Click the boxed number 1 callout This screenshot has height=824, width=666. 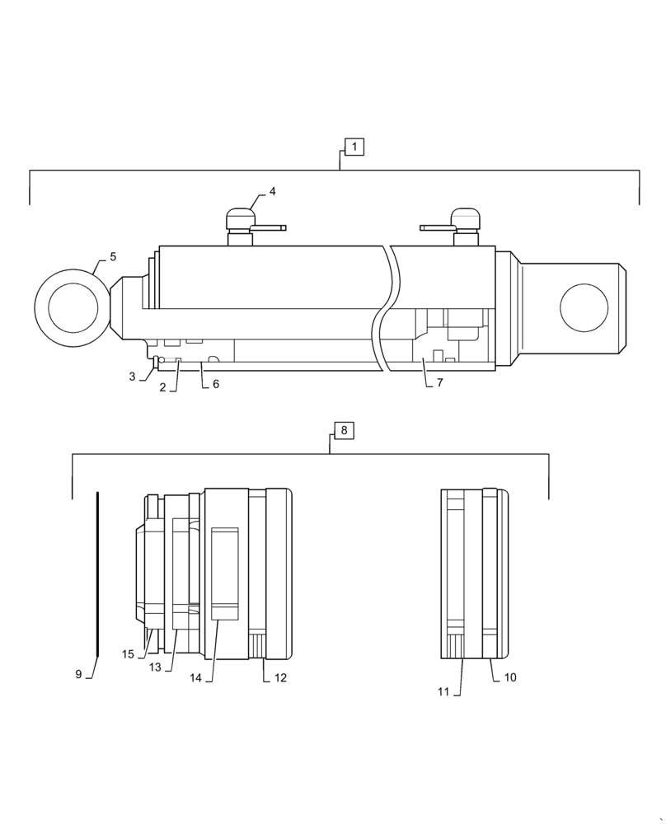[x=354, y=147]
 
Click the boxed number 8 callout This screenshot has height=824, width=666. [x=345, y=430]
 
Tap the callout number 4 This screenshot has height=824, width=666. [x=272, y=191]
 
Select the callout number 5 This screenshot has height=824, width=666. [x=113, y=257]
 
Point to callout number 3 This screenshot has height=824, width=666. [x=132, y=377]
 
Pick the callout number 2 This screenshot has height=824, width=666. [x=163, y=386]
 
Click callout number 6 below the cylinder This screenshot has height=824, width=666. [x=216, y=384]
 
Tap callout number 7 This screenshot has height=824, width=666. [x=439, y=383]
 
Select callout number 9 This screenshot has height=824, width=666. [x=78, y=674]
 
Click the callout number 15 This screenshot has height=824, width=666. [x=128, y=654]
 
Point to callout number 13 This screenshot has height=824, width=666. [x=155, y=667]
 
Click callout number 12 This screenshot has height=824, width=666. [x=280, y=677]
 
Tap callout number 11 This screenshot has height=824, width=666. [x=443, y=692]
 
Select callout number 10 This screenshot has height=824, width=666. [x=510, y=677]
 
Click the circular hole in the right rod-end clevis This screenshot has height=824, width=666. [x=584, y=308]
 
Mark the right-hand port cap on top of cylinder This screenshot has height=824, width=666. [x=466, y=218]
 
